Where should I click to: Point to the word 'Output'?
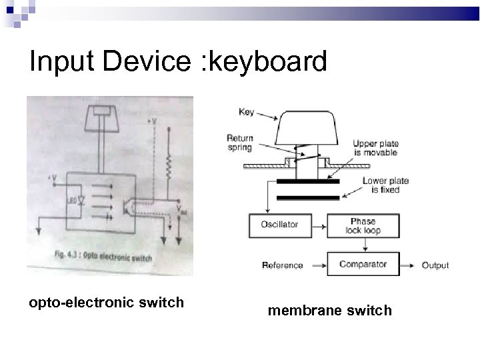coord(435,265)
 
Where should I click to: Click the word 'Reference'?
coord(283,265)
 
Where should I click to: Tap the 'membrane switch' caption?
coord(329,311)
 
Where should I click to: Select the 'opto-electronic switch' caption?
coord(106,303)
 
